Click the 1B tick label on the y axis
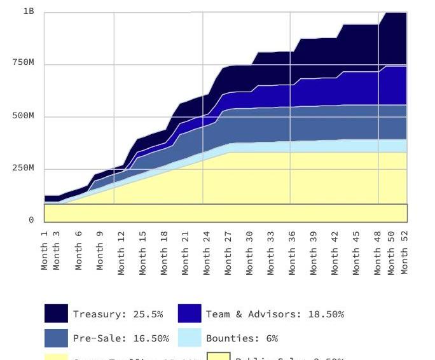(29, 11)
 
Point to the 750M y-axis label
(24, 63)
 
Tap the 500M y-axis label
(24, 116)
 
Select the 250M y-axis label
(24, 169)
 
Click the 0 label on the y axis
(31, 220)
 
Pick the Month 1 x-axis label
(45, 249)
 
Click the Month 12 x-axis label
(121, 253)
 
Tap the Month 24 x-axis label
(207, 253)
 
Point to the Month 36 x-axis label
(292, 253)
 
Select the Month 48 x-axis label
(378, 253)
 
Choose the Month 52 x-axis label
(405, 253)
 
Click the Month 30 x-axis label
(249, 253)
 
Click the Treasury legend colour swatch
(56, 314)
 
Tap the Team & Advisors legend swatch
(190, 314)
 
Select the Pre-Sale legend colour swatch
(56, 338)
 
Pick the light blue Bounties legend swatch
(190, 338)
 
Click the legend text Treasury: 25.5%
(118, 314)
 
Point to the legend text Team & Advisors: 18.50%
(275, 314)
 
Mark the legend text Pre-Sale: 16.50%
(121, 338)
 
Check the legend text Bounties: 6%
(242, 338)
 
